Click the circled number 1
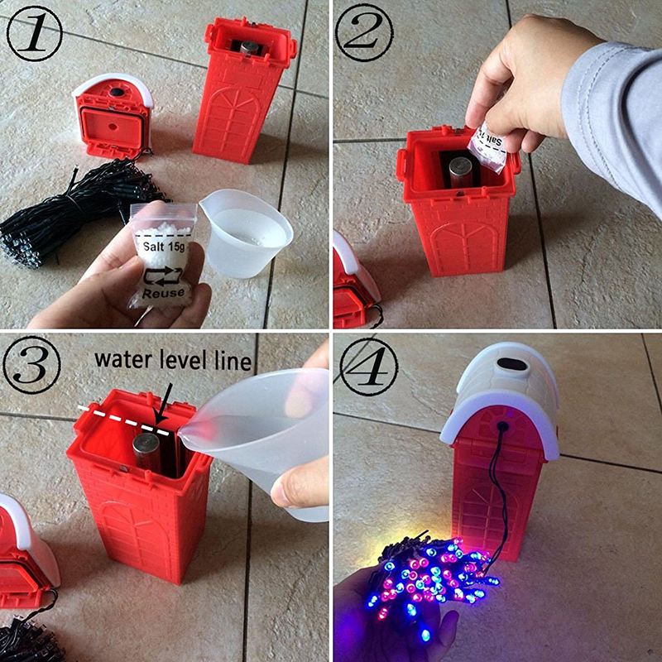34,34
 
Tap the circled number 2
364,33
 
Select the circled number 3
31,365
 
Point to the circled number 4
368,367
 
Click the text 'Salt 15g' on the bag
164,246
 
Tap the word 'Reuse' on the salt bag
163,292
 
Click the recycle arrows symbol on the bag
163,275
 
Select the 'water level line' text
173,360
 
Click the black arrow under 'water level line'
164,403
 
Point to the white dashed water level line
123,420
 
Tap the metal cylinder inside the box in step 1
249,47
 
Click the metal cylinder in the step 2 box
460,172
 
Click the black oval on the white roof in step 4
511,363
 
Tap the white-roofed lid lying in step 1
113,115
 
